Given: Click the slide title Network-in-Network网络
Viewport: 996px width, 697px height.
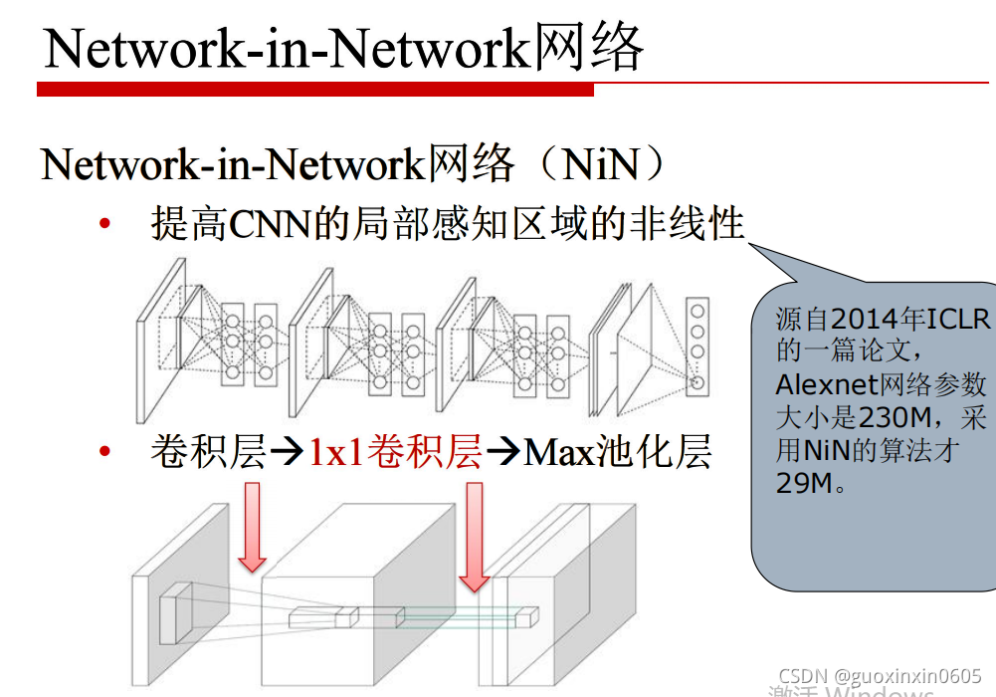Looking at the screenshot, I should (x=343, y=47).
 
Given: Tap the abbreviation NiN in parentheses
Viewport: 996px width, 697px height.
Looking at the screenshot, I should (x=600, y=165).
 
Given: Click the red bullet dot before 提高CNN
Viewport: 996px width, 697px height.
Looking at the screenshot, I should (x=104, y=224).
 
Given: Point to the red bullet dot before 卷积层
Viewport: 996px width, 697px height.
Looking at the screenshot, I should (x=104, y=453).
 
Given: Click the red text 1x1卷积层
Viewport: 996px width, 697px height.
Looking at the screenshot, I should (x=395, y=454).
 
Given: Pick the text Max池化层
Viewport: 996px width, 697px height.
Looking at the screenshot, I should (x=617, y=454).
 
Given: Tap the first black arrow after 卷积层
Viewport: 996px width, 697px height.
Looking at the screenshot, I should (x=287, y=455).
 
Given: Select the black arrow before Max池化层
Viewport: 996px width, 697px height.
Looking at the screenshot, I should (x=502, y=455).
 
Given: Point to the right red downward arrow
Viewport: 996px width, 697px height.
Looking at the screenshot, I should (x=475, y=536).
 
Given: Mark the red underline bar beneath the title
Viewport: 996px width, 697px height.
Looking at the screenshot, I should (x=314, y=90).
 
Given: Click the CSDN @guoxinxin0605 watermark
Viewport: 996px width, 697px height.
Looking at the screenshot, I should (x=880, y=675).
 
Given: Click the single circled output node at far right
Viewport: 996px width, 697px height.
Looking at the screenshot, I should (x=697, y=382).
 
